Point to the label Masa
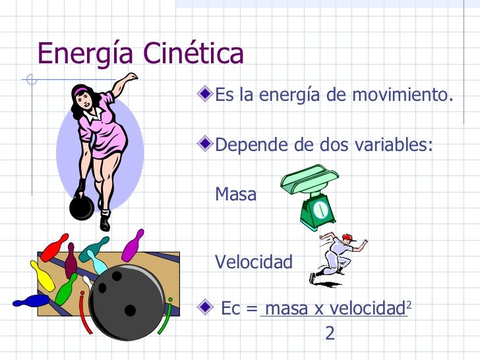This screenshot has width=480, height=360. [x=236, y=195]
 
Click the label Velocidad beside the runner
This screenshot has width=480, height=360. [x=254, y=262]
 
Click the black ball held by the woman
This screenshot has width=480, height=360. [x=81, y=207]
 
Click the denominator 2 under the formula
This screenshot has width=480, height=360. [x=330, y=334]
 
